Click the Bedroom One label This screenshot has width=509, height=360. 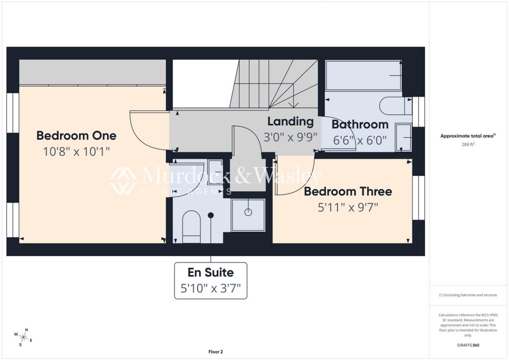77,135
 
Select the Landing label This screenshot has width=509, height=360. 290,121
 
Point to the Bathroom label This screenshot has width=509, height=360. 360,124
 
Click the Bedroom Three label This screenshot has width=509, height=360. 348,191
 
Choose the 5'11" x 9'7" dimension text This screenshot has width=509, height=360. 348,207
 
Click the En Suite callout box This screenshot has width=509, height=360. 211,280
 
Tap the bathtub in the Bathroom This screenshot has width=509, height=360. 363,76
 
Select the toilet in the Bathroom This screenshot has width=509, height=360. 395,105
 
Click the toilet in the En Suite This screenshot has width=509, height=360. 191,226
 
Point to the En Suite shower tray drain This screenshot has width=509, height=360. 248,212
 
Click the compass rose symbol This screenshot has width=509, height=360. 23,336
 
